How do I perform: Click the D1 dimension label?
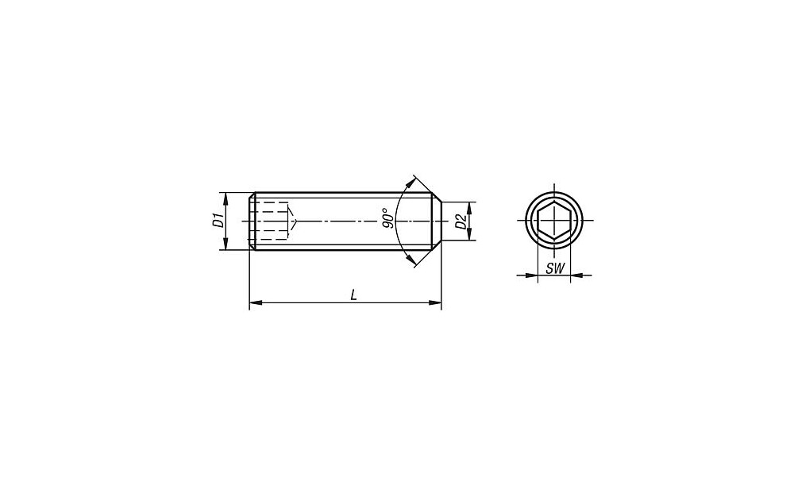click(x=218, y=221)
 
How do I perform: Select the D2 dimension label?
click(x=461, y=221)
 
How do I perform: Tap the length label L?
click(x=354, y=294)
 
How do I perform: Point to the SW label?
click(x=554, y=269)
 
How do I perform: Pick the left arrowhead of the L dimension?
click(x=256, y=302)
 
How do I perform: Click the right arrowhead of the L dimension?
click(x=435, y=302)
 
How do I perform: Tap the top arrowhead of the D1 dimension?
click(x=225, y=199)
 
